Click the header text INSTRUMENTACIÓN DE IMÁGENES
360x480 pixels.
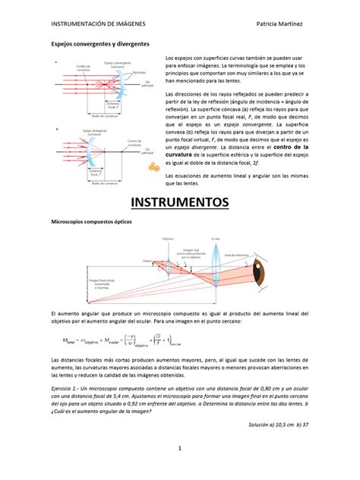point(98,24)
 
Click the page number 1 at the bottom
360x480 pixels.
point(180,449)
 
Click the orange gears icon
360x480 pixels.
point(154,166)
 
